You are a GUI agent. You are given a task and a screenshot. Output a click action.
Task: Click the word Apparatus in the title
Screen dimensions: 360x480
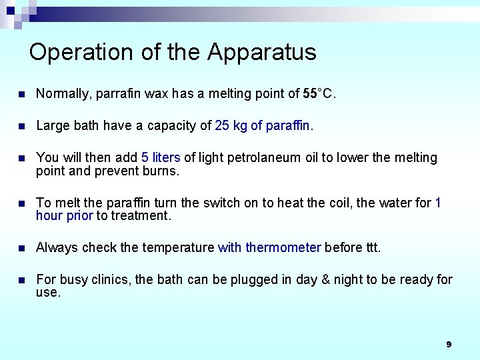click(x=262, y=52)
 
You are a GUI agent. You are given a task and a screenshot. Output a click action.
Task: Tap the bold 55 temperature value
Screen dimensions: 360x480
click(x=310, y=94)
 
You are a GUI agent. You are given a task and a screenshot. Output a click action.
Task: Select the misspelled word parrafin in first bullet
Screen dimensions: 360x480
click(x=117, y=94)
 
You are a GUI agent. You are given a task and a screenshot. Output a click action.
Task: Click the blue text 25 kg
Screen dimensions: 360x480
click(x=231, y=125)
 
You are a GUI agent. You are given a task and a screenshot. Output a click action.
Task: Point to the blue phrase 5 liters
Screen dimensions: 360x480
click(x=161, y=157)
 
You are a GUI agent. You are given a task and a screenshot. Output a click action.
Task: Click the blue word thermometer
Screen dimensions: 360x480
click(x=283, y=247)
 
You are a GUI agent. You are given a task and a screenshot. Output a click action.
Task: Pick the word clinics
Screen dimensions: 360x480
click(x=111, y=279)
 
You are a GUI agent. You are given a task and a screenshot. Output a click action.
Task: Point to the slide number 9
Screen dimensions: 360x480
click(x=449, y=344)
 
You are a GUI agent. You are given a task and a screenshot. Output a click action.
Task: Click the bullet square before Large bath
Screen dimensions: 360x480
click(x=22, y=126)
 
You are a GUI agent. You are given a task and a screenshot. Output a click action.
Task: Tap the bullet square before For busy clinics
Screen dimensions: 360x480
click(x=22, y=280)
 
